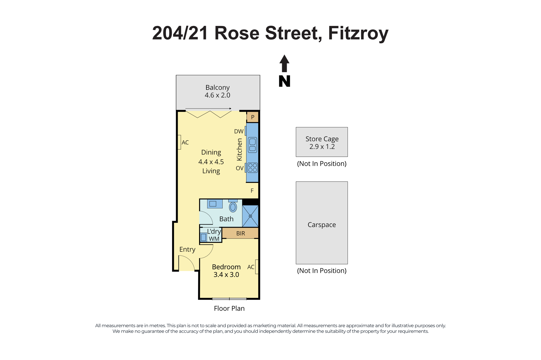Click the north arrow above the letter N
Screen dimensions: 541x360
[x=284, y=64]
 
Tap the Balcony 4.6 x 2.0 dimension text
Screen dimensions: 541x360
[x=217, y=95]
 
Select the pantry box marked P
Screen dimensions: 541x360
[x=253, y=117]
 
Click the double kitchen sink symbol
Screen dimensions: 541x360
[x=252, y=145]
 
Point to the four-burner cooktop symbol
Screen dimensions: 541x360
[x=253, y=168]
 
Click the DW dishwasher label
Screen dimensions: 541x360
[x=239, y=131]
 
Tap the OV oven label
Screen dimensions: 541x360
[x=240, y=168]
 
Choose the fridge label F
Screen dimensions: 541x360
[x=252, y=191]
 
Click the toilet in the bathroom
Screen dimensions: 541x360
[x=233, y=206]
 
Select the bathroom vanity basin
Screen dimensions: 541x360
[x=215, y=204]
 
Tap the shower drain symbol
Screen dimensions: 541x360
[x=250, y=216]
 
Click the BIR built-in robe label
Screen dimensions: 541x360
[x=240, y=233]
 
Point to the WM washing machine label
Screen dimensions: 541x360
[x=214, y=239]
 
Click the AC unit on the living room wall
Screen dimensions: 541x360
[x=179, y=142]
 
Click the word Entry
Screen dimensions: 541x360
[x=187, y=249]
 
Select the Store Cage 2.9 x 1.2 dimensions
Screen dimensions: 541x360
[x=322, y=147]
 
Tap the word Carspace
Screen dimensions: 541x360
[x=322, y=225]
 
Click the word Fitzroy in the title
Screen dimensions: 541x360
[x=358, y=34]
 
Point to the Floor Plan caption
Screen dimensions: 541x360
[x=229, y=308]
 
